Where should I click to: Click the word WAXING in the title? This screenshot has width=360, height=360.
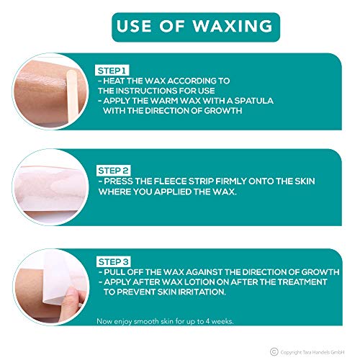(x=233, y=26)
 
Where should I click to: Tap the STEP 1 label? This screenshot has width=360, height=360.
(x=112, y=71)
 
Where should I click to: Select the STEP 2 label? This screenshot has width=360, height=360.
(x=113, y=171)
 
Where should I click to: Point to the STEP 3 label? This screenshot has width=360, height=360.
(x=114, y=261)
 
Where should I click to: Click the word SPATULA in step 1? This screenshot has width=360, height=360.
(x=254, y=101)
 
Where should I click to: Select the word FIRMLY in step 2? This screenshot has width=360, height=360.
(x=231, y=181)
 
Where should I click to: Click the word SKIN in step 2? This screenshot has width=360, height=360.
(x=305, y=181)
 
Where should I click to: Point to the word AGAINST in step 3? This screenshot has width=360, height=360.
(x=204, y=272)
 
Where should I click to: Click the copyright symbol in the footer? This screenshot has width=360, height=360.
(x=274, y=352)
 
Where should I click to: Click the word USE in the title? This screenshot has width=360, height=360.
(x=134, y=26)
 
